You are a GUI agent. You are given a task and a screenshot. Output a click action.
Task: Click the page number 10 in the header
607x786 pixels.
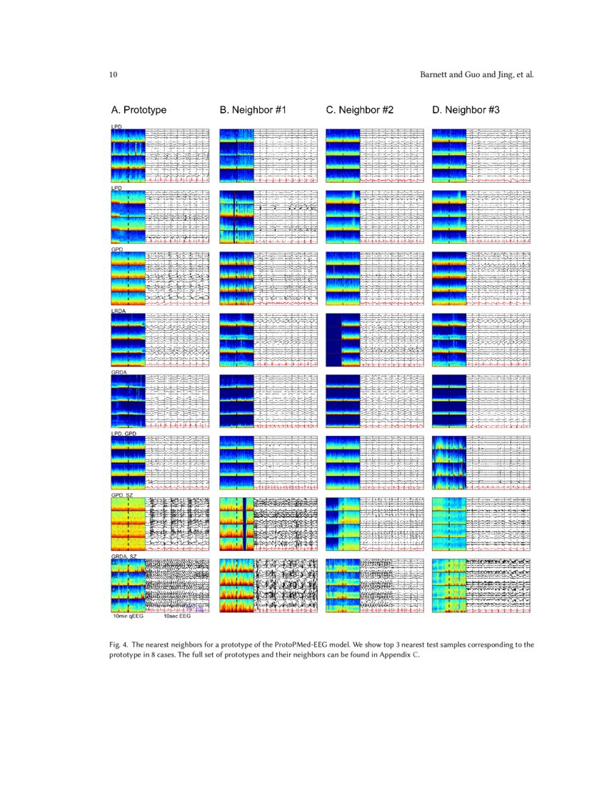click(113, 74)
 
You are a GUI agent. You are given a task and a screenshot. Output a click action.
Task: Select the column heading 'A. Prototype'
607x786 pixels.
click(139, 111)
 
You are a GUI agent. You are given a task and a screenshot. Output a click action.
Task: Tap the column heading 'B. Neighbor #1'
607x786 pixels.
click(253, 111)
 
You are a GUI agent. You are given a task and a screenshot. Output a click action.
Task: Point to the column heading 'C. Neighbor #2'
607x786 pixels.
click(359, 111)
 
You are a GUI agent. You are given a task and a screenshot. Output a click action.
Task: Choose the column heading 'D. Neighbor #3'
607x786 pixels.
click(466, 111)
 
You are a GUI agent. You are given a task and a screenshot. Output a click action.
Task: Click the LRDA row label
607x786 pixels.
click(118, 311)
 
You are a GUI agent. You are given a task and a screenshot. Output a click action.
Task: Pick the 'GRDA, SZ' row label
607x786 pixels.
click(124, 556)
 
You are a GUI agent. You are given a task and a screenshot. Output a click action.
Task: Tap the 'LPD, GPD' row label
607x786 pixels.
click(123, 434)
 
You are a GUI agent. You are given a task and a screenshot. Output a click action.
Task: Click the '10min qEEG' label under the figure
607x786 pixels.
click(128, 616)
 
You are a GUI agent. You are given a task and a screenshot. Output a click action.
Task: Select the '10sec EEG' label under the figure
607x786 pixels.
click(176, 616)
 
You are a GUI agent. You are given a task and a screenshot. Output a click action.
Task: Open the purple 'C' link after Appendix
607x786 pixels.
click(416, 653)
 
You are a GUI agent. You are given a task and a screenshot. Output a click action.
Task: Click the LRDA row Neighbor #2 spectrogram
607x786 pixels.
click(342, 340)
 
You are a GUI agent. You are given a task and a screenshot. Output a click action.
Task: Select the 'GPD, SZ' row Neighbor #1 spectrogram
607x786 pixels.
click(236, 524)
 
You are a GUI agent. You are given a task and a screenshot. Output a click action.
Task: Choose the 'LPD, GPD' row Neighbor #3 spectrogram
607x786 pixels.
click(449, 463)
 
